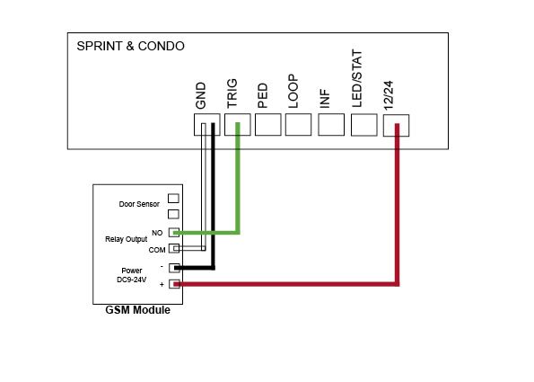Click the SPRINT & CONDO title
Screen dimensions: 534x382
130,46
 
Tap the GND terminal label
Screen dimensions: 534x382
201,95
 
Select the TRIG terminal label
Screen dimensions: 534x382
232,93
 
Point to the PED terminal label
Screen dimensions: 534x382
263,96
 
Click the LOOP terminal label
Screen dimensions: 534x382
293,92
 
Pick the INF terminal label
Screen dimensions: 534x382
325,99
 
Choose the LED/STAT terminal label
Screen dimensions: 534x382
357,78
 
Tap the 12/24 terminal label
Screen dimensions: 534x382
389,95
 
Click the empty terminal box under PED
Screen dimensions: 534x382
268,125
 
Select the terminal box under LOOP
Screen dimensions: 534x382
298,125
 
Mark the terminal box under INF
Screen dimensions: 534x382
331,125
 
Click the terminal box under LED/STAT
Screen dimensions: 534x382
364,125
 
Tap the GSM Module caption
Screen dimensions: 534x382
137,310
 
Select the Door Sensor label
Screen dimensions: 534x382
139,204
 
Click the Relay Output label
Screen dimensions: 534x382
126,239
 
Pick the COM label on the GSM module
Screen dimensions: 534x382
157,250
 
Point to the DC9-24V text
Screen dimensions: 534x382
131,280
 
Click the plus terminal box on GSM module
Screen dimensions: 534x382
174,284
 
